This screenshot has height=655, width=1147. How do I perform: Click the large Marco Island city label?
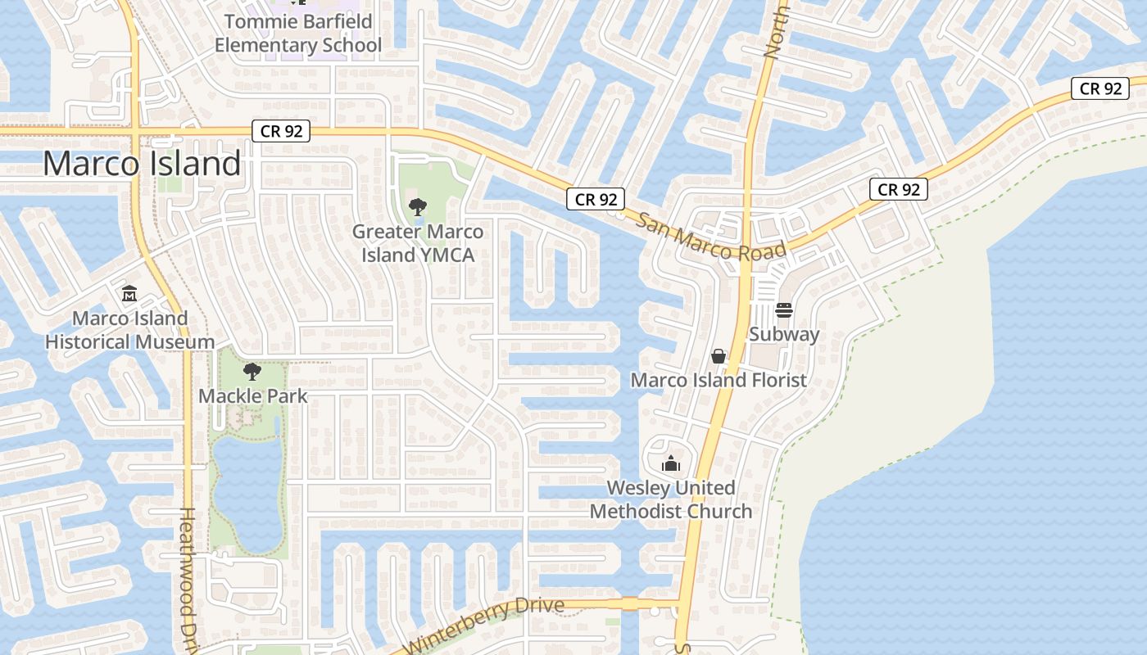pyautogui.click(x=142, y=164)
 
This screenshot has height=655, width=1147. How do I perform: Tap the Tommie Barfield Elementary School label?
pyautogui.click(x=298, y=33)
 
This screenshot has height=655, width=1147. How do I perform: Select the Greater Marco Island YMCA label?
pyautogui.click(x=418, y=243)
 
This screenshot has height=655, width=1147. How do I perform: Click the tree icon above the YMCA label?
pyautogui.click(x=417, y=207)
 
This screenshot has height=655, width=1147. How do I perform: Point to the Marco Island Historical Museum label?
pyautogui.click(x=130, y=330)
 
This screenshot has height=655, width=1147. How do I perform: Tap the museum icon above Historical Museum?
pyautogui.click(x=129, y=293)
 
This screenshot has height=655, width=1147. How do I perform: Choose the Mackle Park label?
pyautogui.click(x=253, y=396)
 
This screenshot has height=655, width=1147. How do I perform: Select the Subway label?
pyautogui.click(x=784, y=334)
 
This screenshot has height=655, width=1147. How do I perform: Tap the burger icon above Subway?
pyautogui.click(x=784, y=310)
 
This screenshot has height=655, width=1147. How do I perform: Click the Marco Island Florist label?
pyautogui.click(x=719, y=380)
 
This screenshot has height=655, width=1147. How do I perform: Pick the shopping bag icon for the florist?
pyautogui.click(x=719, y=356)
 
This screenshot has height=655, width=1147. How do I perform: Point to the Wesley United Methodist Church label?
pyautogui.click(x=671, y=499)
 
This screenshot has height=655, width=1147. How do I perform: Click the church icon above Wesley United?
pyautogui.click(x=671, y=464)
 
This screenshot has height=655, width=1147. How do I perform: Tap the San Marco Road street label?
pyautogui.click(x=711, y=237)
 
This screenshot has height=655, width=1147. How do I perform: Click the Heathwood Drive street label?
pyautogui.click(x=188, y=578)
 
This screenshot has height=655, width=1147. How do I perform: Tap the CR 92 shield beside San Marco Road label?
pyautogui.click(x=596, y=199)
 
